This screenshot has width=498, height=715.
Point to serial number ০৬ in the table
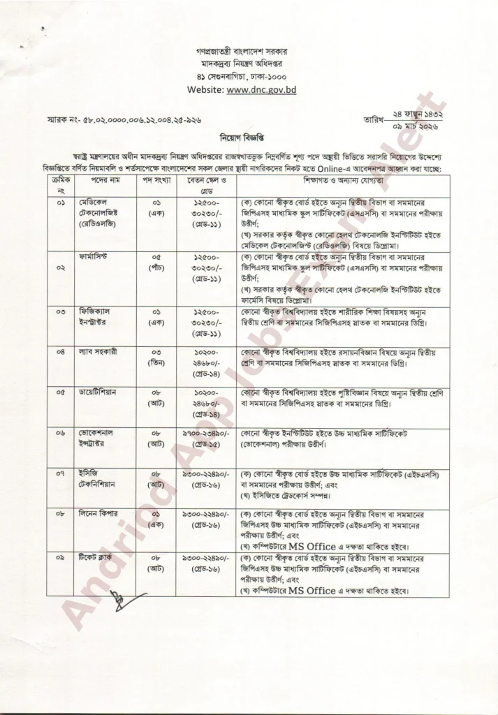[61, 433]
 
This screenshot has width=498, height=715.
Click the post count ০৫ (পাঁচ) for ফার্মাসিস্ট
[157, 263]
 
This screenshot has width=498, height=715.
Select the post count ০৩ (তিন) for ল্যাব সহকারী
[157, 358]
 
